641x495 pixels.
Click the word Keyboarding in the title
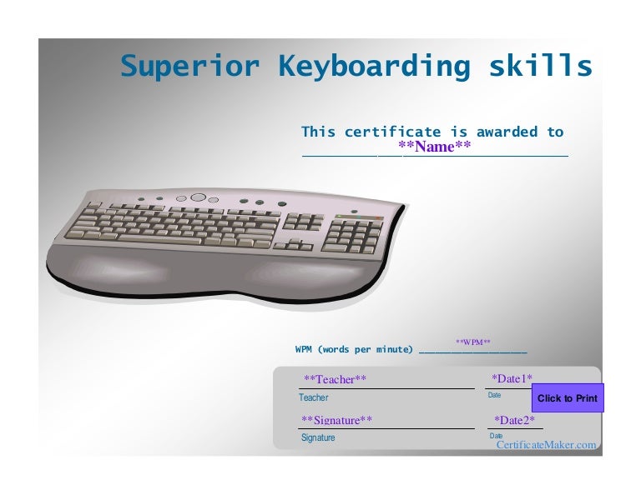(x=374, y=66)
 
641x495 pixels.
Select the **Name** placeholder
(x=435, y=147)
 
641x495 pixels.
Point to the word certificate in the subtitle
(x=392, y=132)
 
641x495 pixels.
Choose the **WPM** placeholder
(x=472, y=342)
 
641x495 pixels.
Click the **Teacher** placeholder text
(x=335, y=380)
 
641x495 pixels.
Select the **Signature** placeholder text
(x=336, y=420)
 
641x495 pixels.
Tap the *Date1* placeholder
(x=512, y=379)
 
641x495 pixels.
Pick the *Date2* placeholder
(x=514, y=420)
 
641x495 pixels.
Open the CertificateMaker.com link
(x=546, y=445)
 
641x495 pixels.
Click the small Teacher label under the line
(x=314, y=398)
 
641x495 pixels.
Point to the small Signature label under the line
(x=318, y=437)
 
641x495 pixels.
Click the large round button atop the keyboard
(x=198, y=198)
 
